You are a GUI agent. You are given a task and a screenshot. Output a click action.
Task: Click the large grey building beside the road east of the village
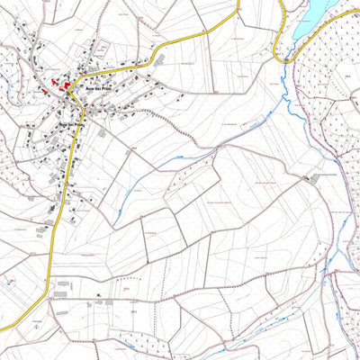pyautogui.click(x=101, y=132)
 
